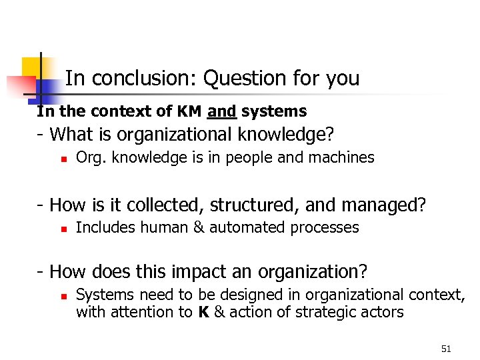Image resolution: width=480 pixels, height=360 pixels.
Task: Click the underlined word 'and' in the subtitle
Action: point(221,111)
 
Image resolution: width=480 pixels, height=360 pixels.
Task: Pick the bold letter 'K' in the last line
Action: point(205,312)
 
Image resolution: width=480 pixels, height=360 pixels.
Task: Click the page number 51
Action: point(446,349)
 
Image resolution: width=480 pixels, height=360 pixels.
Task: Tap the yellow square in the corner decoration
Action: point(31,67)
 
